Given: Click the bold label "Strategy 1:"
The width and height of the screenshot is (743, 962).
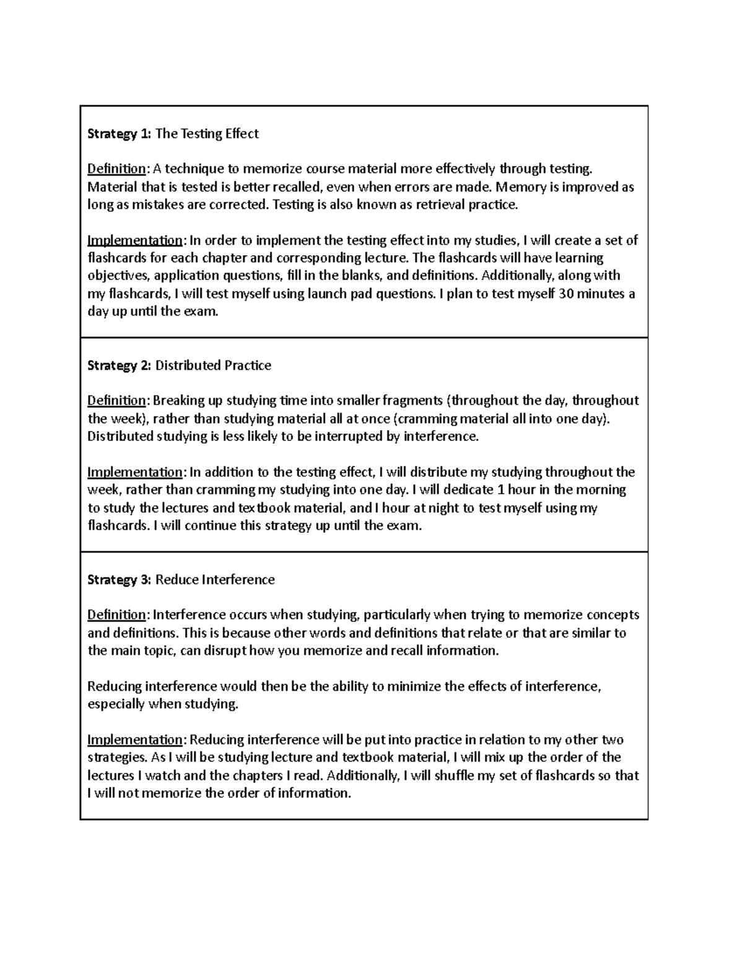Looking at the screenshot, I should click(x=119, y=134).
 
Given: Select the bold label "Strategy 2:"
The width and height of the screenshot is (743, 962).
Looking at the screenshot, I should click(x=119, y=365).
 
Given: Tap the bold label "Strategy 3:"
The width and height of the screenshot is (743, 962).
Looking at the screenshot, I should click(x=119, y=580).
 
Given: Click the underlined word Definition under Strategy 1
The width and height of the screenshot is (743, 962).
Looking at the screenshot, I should click(x=116, y=169).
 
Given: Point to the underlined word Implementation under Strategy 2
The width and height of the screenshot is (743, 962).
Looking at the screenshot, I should click(x=134, y=473).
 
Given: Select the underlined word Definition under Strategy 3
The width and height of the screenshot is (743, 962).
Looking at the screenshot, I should click(x=116, y=615).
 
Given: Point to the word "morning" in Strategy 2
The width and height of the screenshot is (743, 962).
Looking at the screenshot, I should click(x=601, y=490).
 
